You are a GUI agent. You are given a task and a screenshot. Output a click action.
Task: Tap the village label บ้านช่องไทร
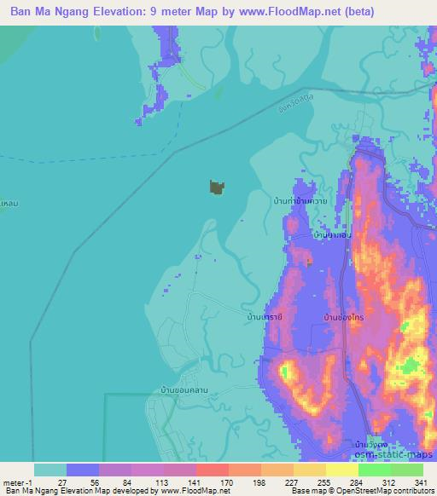(346, 316)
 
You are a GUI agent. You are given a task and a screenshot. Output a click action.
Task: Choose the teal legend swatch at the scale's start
(50, 470)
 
